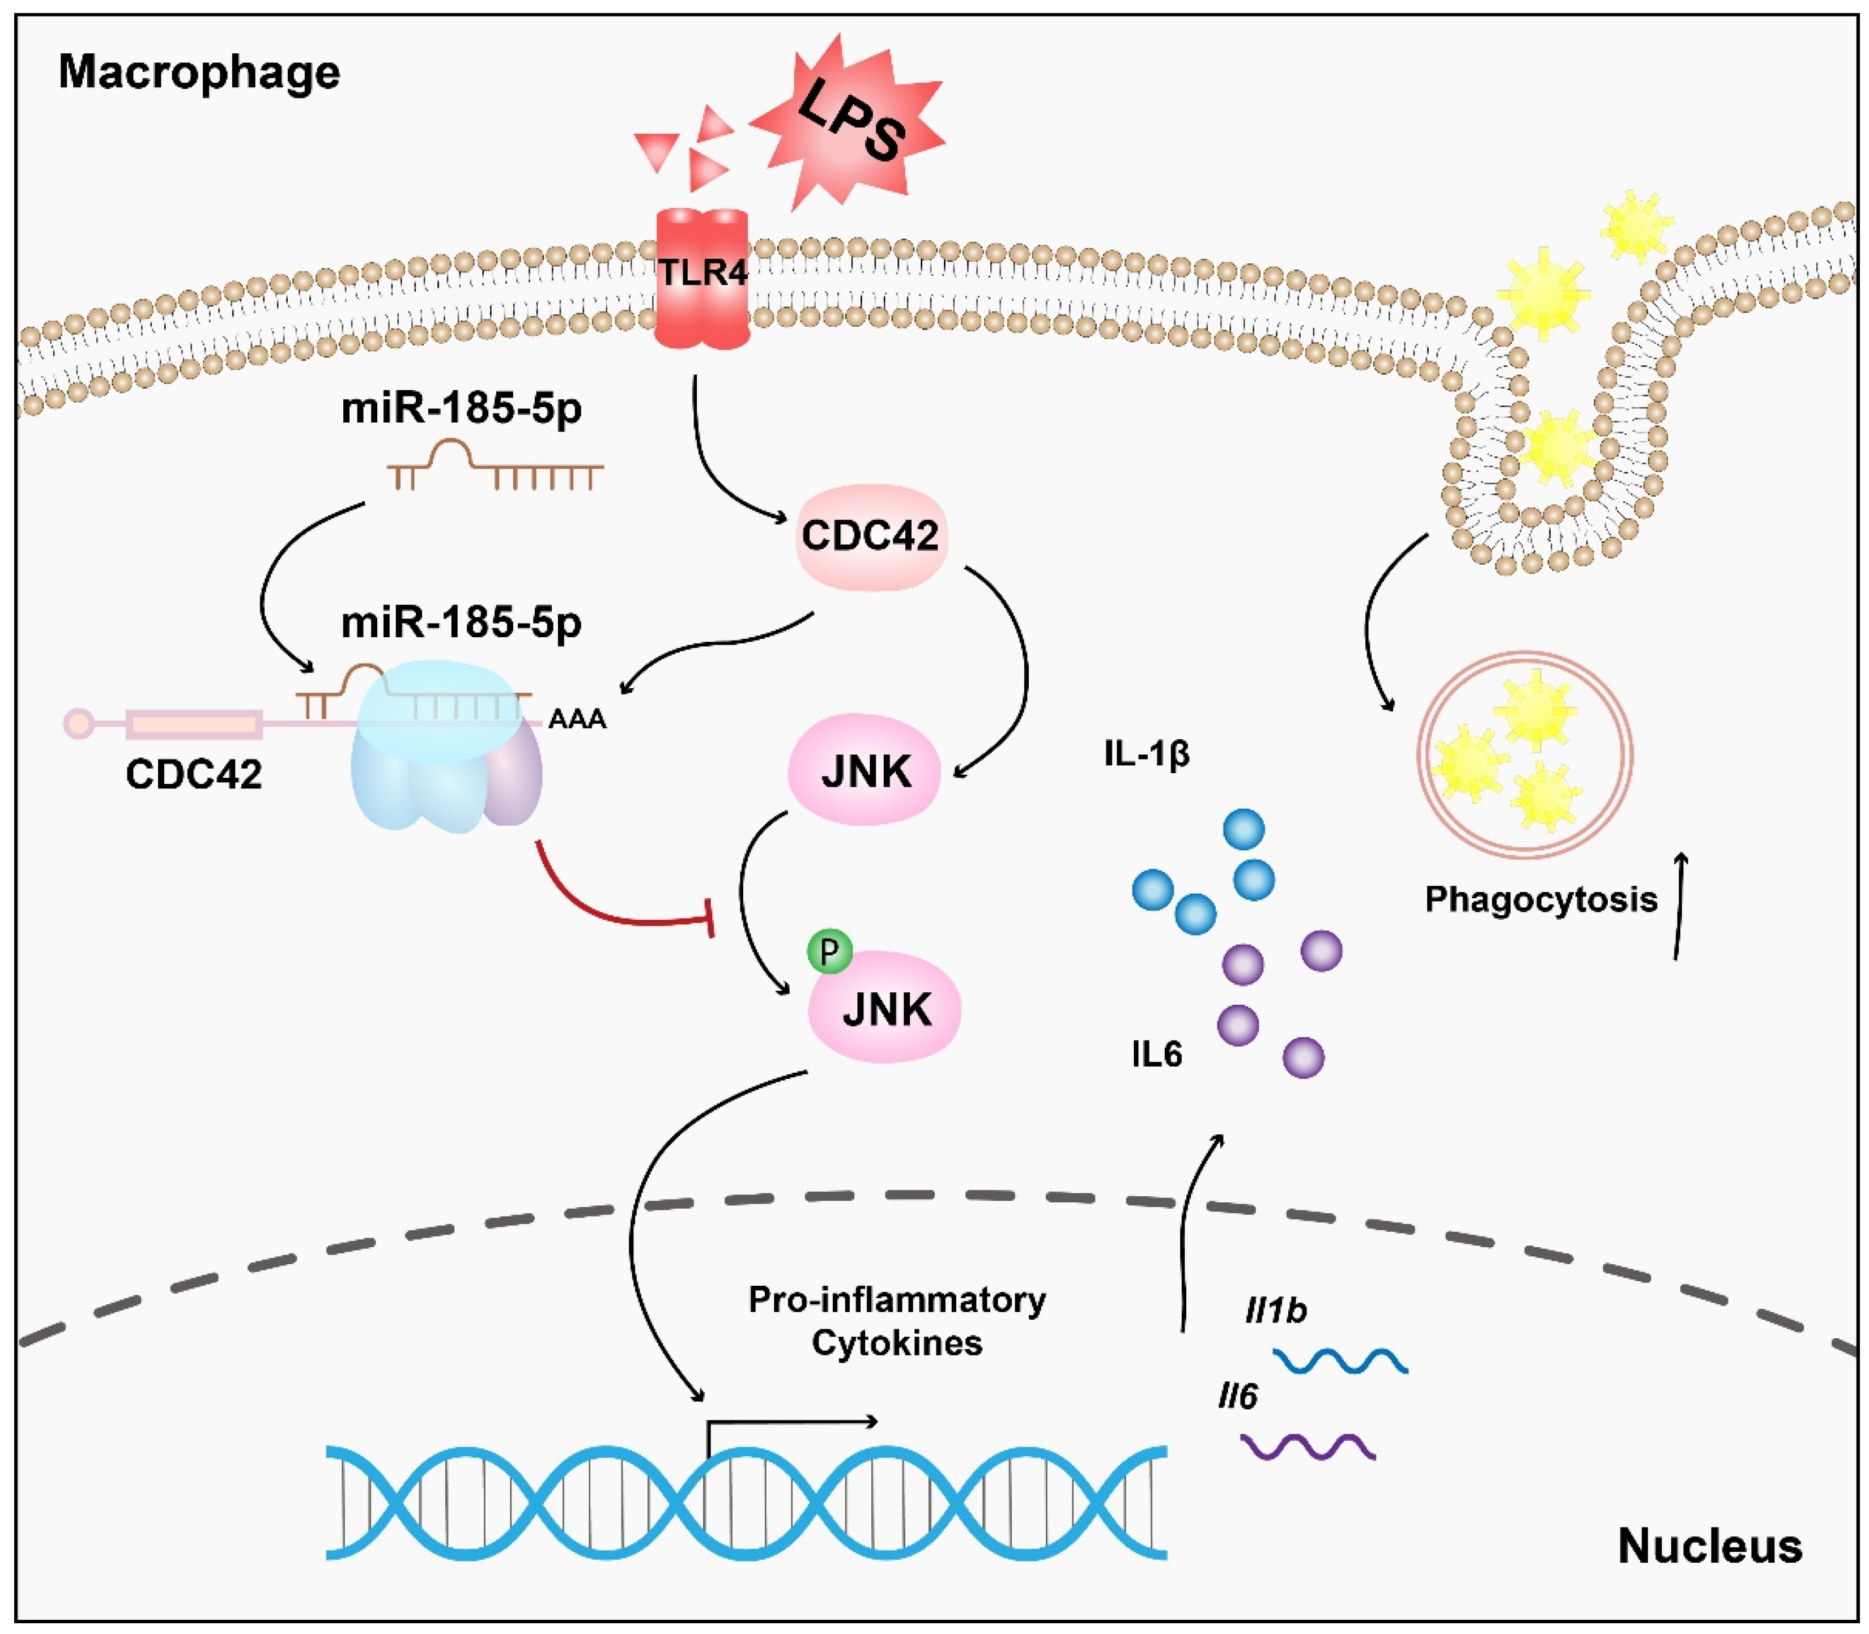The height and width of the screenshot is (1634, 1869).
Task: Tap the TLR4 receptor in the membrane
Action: click(x=703, y=278)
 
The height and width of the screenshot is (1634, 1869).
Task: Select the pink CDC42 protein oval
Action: click(x=871, y=536)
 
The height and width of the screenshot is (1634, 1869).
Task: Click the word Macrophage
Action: click(x=199, y=71)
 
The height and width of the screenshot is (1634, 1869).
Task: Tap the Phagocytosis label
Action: click(x=1540, y=900)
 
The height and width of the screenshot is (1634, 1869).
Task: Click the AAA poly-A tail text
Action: click(x=577, y=719)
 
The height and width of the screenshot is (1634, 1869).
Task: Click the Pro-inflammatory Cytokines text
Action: click(x=897, y=1320)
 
